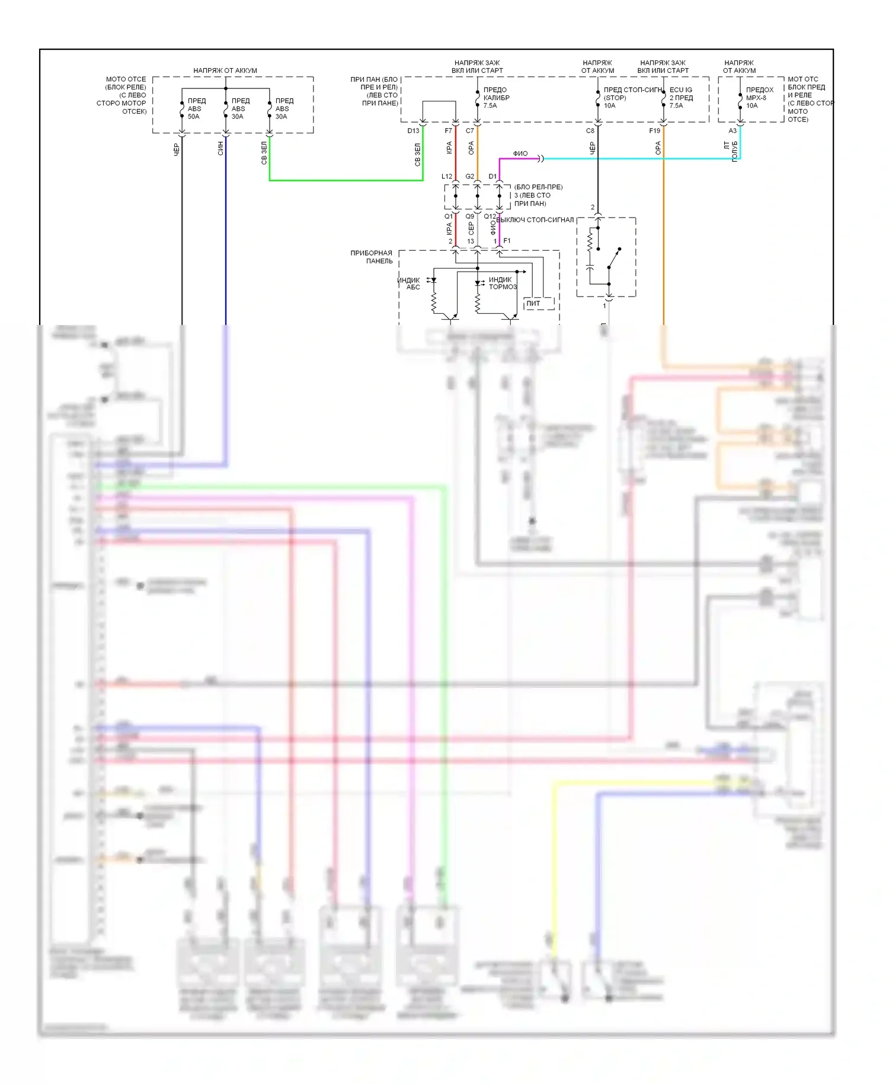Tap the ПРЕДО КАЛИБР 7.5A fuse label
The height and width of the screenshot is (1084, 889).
(x=496, y=98)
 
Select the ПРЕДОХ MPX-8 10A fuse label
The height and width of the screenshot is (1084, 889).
(x=759, y=98)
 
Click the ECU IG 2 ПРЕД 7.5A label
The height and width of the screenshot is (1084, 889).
(x=681, y=98)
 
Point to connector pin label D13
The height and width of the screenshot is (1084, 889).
(x=413, y=131)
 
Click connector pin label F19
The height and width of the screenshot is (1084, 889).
(x=654, y=131)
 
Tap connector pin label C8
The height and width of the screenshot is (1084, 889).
(x=590, y=131)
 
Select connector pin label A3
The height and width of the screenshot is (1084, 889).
(x=733, y=131)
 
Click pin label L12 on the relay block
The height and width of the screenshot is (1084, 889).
(x=447, y=177)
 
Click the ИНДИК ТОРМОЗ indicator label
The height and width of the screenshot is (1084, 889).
(x=503, y=283)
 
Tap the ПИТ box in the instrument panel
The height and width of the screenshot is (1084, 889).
(x=533, y=304)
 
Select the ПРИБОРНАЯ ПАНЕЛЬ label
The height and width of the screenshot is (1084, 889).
(x=372, y=257)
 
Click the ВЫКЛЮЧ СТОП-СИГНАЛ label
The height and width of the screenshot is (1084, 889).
(x=535, y=220)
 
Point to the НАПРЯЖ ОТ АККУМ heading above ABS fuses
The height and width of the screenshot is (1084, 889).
(x=225, y=71)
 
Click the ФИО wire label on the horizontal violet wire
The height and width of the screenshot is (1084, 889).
(x=520, y=154)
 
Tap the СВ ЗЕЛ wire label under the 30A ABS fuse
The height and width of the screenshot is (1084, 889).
(x=264, y=152)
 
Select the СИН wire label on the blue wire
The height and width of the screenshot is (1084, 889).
(x=220, y=148)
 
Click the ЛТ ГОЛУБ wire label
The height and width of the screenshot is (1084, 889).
(x=731, y=151)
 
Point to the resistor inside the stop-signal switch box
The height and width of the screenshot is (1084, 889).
(x=590, y=240)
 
